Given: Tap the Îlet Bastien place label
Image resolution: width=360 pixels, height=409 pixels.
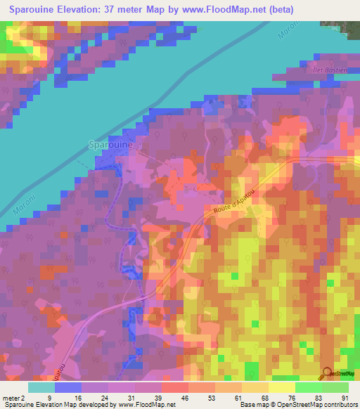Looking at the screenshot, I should pos(326,70).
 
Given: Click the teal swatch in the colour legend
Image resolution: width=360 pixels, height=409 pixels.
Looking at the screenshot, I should pos(41,387).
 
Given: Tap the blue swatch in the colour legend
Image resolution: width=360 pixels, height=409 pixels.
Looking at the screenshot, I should pos(68,387).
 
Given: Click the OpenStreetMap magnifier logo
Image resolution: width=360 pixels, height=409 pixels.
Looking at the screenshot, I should pos(327,374).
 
